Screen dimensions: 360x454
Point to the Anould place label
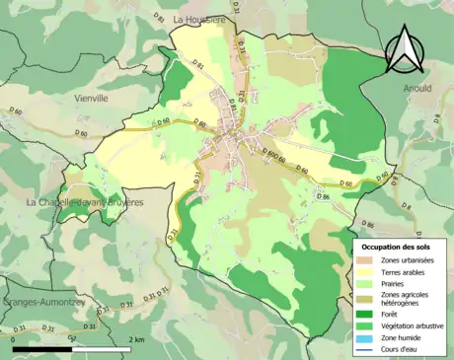pos(417,89)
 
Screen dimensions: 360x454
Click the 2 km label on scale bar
pos(135,339)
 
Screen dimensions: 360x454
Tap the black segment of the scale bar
pos(43,349)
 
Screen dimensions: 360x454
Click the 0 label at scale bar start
pos(14,339)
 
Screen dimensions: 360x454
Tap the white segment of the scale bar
pos(104,349)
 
